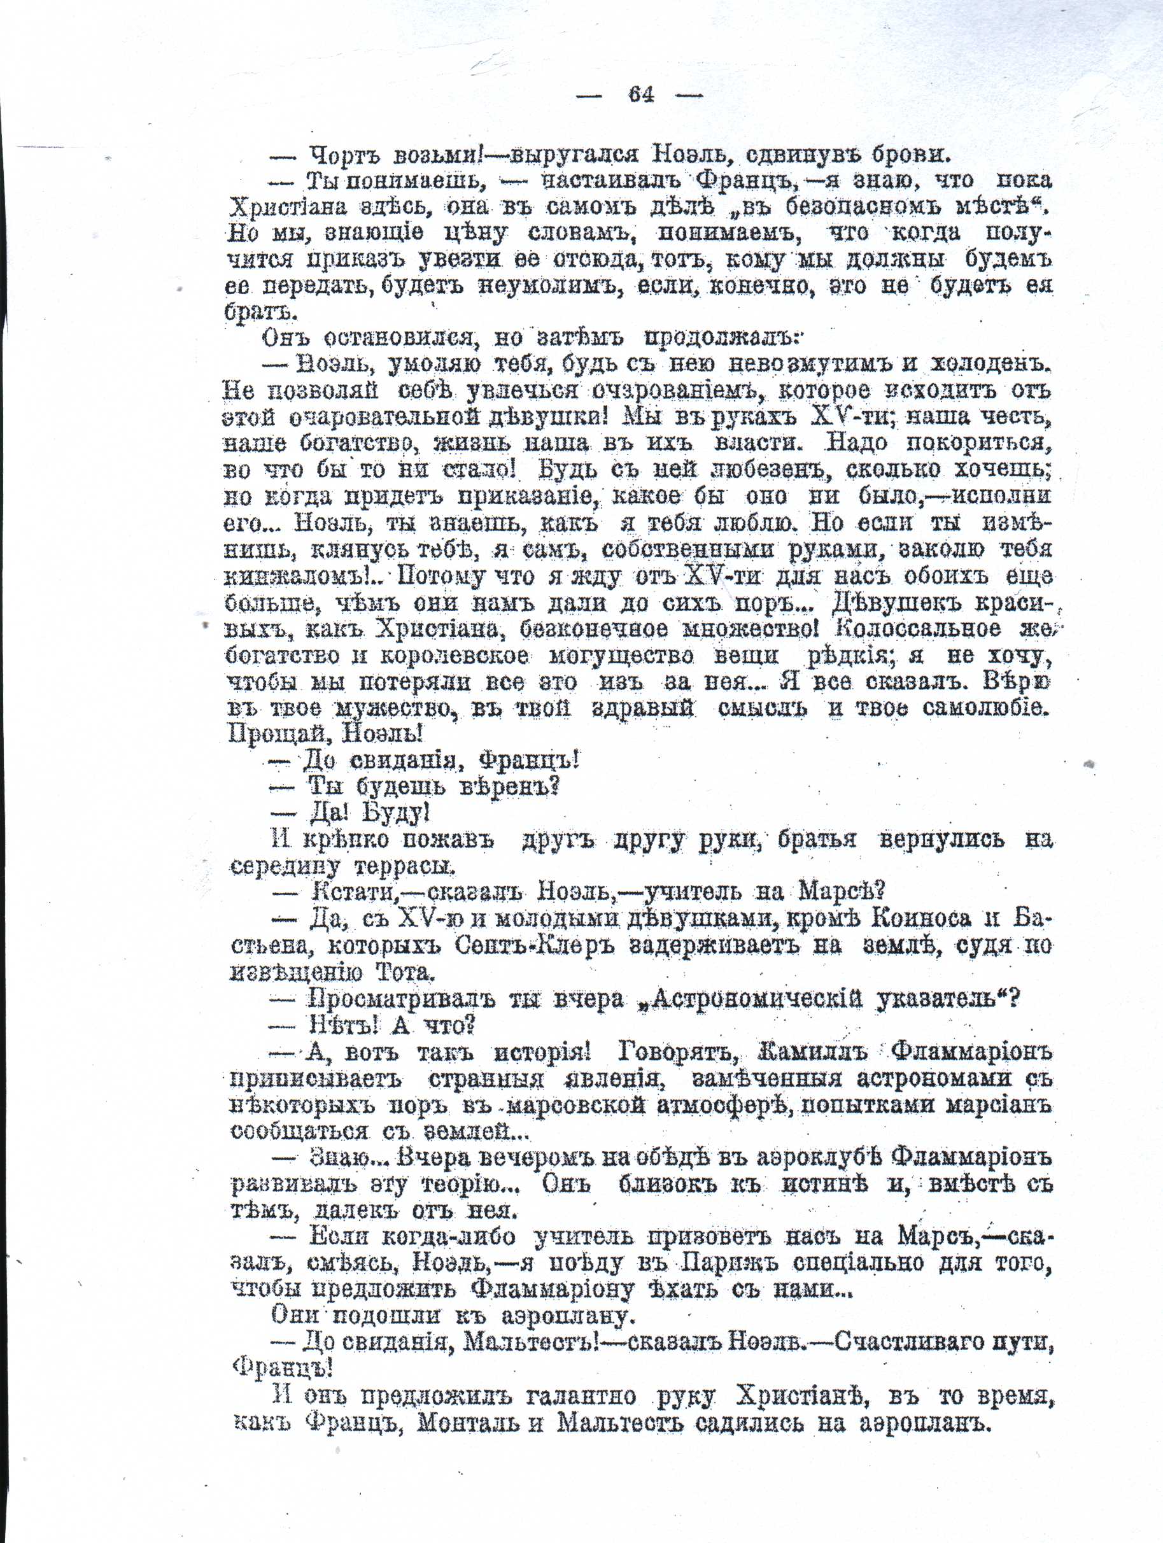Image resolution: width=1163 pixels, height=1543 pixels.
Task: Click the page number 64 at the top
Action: point(641,94)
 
